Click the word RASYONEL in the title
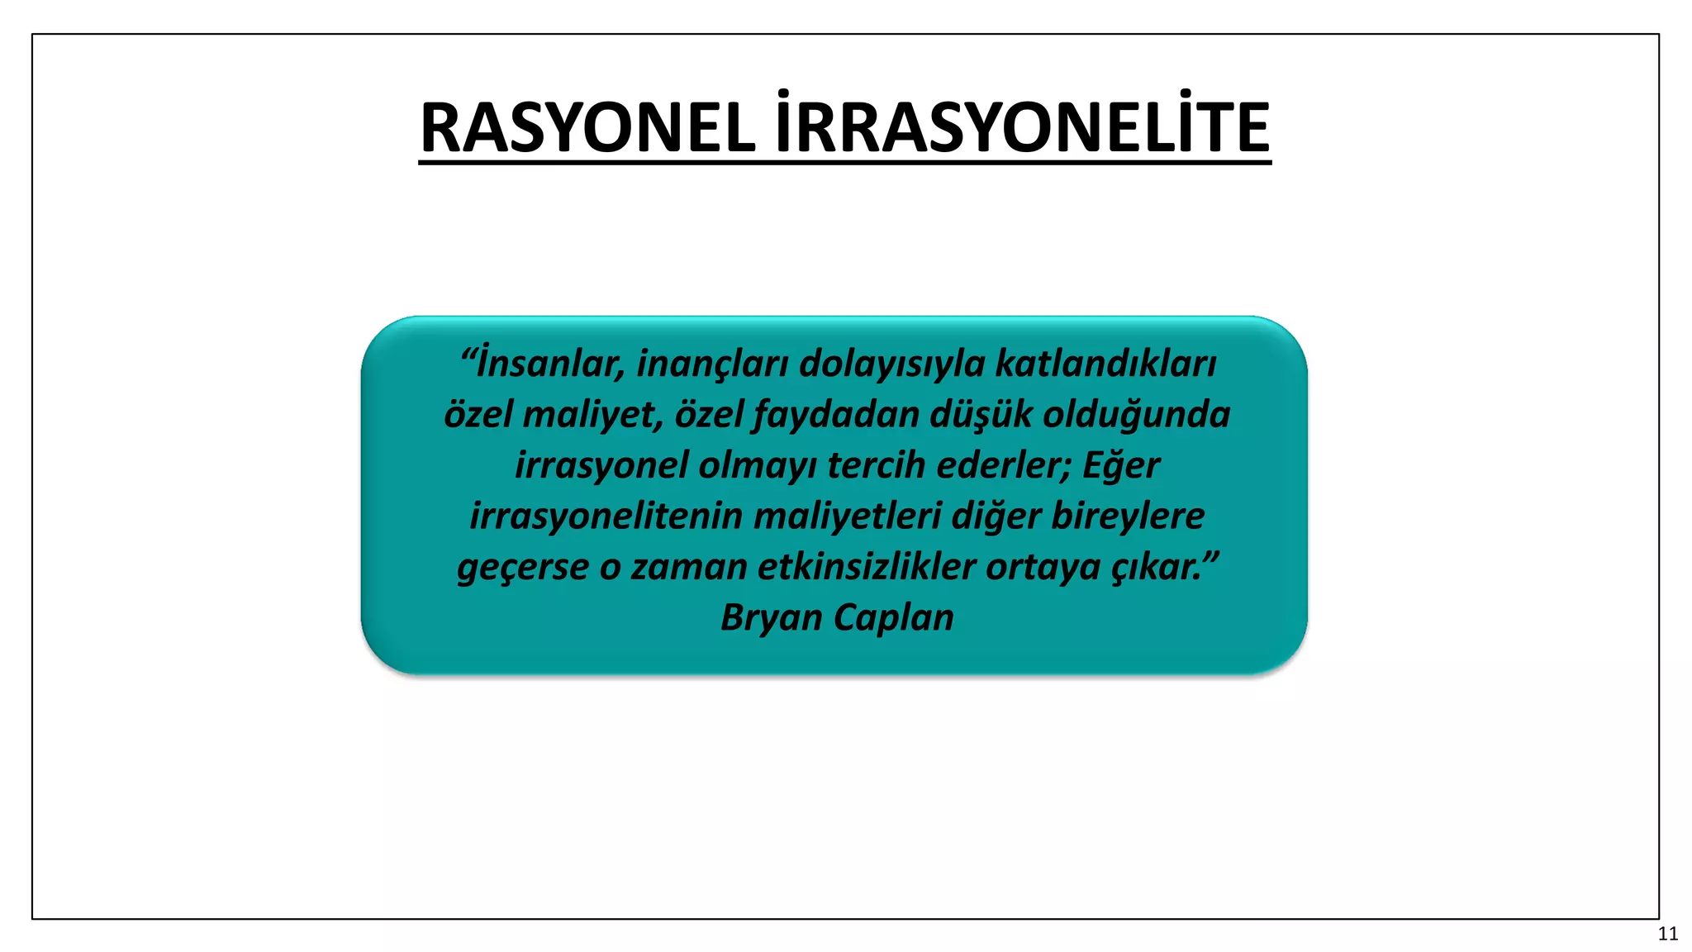pyautogui.click(x=587, y=129)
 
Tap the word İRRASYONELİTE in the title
pyautogui.click(x=1022, y=129)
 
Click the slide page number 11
pyautogui.click(x=1667, y=934)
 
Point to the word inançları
pyautogui.click(x=712, y=364)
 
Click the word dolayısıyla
pyautogui.click(x=892, y=364)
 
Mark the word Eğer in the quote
pyautogui.click(x=1120, y=465)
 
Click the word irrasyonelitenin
pyautogui.click(x=606, y=516)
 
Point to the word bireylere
pyautogui.click(x=1128, y=516)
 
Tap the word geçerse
pyautogui.click(x=523, y=568)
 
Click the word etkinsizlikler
pyautogui.click(x=867, y=568)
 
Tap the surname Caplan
pyautogui.click(x=894, y=618)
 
